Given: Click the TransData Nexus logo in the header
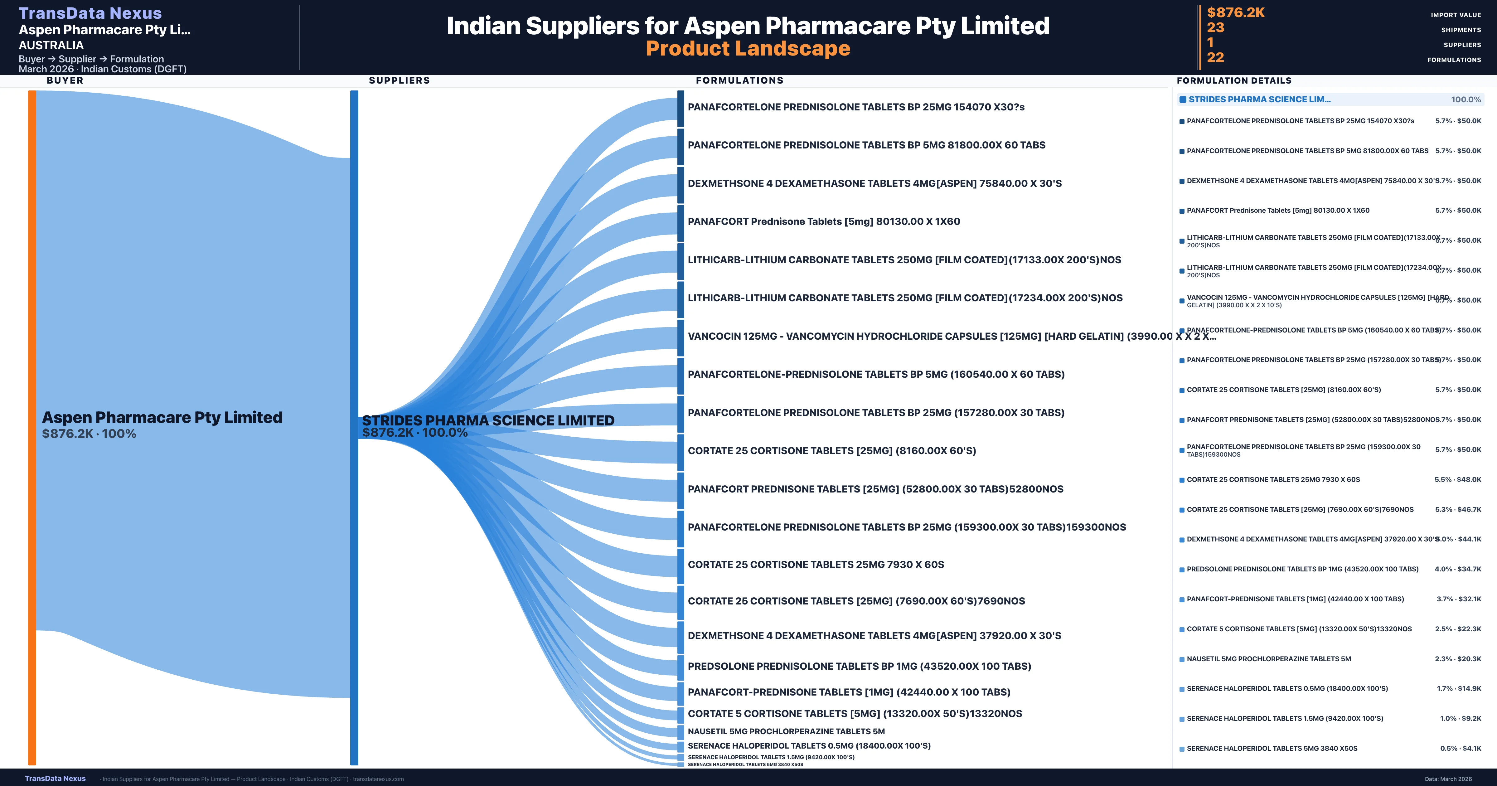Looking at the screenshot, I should tap(90, 13).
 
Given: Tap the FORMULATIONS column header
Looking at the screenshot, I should tap(739, 80).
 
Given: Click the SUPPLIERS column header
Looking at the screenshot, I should tap(399, 80).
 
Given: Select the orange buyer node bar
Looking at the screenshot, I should tap(32, 427).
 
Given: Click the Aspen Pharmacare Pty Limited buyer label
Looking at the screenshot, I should tap(162, 417).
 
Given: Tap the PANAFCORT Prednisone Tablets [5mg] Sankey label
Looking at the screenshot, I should tap(823, 221).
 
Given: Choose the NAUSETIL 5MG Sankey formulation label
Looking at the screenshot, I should tap(786, 731).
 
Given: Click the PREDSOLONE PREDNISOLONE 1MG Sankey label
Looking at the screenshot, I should tap(859, 666).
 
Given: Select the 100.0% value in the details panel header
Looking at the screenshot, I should tap(1466, 99).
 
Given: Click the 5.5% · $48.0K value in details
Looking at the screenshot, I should tap(1457, 480).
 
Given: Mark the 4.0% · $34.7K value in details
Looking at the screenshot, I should tap(1457, 569).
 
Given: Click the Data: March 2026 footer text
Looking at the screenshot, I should tap(1448, 779).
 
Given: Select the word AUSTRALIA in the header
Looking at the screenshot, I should tap(51, 45).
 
